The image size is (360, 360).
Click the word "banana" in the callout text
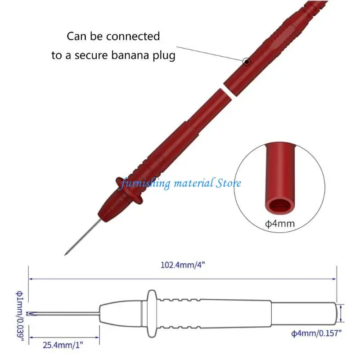[x=127, y=56]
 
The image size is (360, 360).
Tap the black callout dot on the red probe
[x=246, y=61]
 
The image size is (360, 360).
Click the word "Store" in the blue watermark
[x=228, y=183]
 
